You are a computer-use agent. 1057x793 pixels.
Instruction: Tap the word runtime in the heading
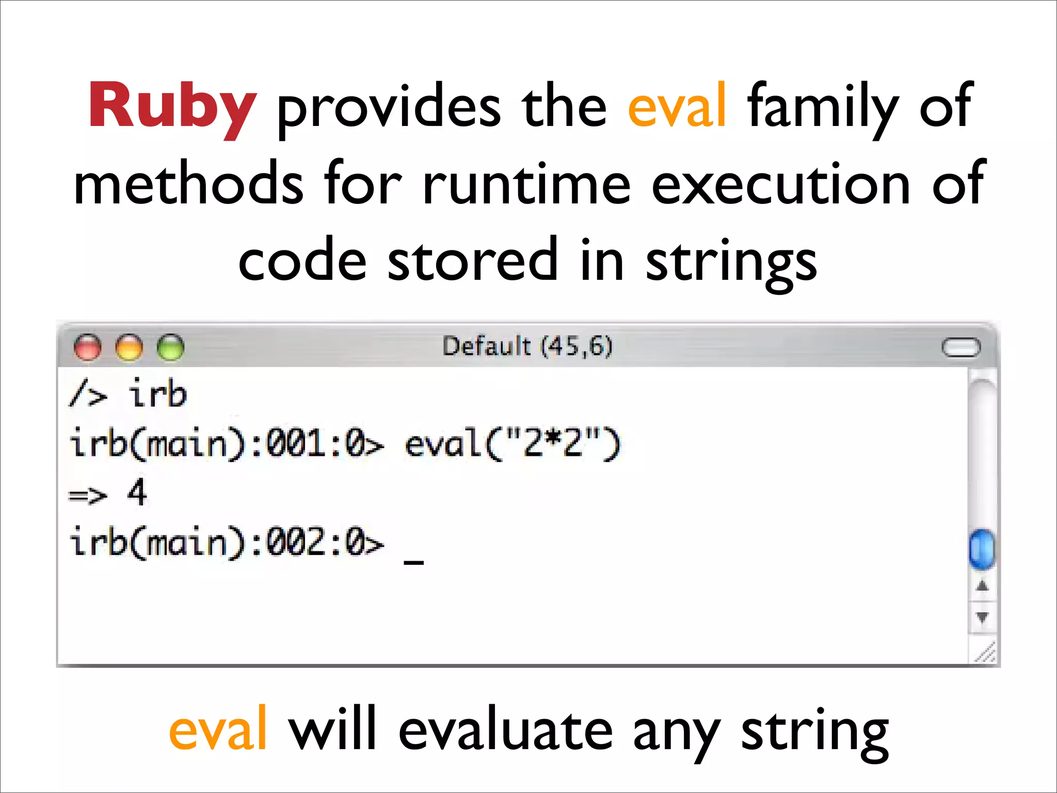coord(526,184)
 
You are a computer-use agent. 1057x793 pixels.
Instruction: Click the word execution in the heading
coord(780,184)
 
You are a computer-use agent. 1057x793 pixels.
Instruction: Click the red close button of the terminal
coord(88,347)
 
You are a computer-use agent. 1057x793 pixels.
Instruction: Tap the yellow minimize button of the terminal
coord(129,347)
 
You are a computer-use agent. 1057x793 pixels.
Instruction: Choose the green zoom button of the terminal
coord(170,347)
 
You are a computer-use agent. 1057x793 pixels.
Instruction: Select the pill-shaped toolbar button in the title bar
coord(960,347)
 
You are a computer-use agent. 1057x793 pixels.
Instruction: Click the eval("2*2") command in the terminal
coord(513,444)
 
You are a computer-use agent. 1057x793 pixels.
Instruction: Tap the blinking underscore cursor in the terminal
coord(413,562)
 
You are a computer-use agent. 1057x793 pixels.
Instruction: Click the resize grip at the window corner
coord(985,653)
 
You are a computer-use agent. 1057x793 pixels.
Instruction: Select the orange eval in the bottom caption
coord(218,729)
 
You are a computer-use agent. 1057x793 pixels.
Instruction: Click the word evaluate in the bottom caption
coord(505,729)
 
